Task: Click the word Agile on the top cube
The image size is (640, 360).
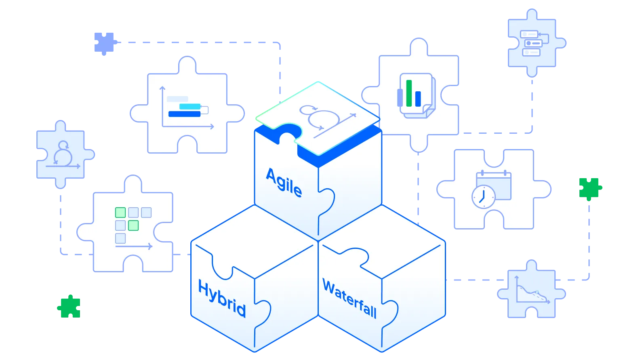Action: pyautogui.click(x=284, y=183)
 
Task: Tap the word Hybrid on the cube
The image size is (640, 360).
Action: pyautogui.click(x=222, y=299)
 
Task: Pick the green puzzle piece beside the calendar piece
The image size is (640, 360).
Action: pyautogui.click(x=590, y=188)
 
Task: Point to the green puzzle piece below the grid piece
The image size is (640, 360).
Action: pyautogui.click(x=69, y=307)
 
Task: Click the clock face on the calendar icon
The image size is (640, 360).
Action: pyautogui.click(x=483, y=196)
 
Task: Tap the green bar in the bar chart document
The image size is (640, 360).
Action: pyautogui.click(x=409, y=93)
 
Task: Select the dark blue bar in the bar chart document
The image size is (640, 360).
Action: pyautogui.click(x=418, y=99)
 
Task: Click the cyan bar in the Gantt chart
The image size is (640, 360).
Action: pyautogui.click(x=189, y=107)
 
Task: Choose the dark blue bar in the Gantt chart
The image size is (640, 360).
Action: pyautogui.click(x=184, y=114)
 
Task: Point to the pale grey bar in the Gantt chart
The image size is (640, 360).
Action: pyautogui.click(x=177, y=99)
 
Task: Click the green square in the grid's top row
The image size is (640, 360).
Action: pyautogui.click(x=120, y=213)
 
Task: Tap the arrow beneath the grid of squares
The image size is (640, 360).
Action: pyautogui.click(x=134, y=246)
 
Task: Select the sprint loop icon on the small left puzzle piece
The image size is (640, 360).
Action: pyautogui.click(x=63, y=155)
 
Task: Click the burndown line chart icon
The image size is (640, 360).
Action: pyautogui.click(x=531, y=291)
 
